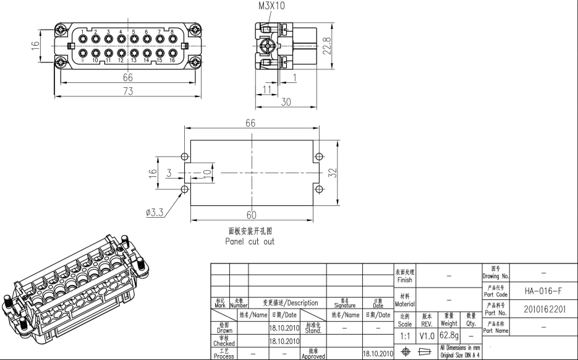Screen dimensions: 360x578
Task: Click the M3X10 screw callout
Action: [x=272, y=6]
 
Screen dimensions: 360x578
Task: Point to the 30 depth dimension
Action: [x=286, y=102]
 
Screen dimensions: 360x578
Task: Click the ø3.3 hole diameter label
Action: [x=154, y=212]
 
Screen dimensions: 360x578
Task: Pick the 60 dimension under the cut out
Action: [x=251, y=215]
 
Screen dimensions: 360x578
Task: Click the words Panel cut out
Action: [x=250, y=242]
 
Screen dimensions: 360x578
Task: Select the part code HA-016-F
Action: [x=543, y=291]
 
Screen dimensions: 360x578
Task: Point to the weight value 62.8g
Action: [x=449, y=335]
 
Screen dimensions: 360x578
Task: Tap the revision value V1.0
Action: [x=427, y=335]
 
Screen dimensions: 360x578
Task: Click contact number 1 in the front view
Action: [x=82, y=32]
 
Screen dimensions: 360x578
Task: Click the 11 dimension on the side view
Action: [x=267, y=90]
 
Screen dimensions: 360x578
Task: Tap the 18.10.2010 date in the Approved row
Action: [x=378, y=354]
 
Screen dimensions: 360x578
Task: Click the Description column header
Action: [x=291, y=303]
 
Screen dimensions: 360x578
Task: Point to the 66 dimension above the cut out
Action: [x=250, y=122]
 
